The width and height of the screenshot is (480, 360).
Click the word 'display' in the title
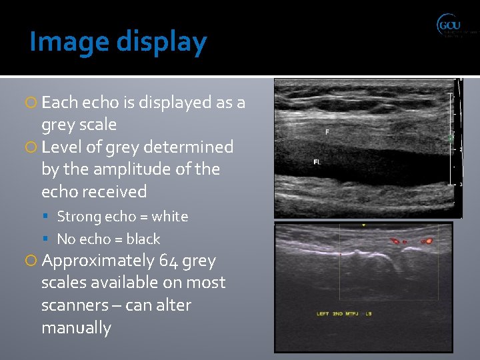coord(162,42)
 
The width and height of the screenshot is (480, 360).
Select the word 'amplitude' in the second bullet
coord(141,169)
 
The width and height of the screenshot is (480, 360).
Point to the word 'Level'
coord(60,147)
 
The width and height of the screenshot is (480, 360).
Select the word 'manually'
coord(76,328)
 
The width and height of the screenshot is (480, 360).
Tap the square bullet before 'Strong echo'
coord(51,217)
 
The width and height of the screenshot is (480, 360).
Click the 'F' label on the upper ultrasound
coord(327,132)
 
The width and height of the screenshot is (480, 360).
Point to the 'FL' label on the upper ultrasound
coord(317,162)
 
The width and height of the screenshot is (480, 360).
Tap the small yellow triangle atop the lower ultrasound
coord(363,227)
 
